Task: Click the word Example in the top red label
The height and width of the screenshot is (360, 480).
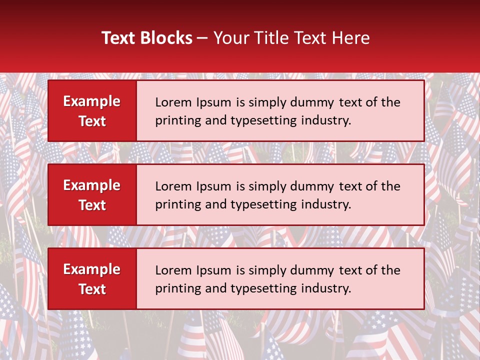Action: pyautogui.click(x=92, y=101)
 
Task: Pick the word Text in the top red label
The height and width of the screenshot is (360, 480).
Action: pyautogui.click(x=92, y=121)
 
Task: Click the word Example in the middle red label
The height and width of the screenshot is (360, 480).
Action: pyautogui.click(x=92, y=185)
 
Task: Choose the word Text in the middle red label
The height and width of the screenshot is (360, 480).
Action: pyautogui.click(x=92, y=205)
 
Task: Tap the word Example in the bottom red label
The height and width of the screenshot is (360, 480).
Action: pyautogui.click(x=92, y=269)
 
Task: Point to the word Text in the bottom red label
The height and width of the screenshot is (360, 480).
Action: pyautogui.click(x=92, y=289)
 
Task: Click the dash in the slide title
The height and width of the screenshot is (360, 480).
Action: pyautogui.click(x=202, y=38)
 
